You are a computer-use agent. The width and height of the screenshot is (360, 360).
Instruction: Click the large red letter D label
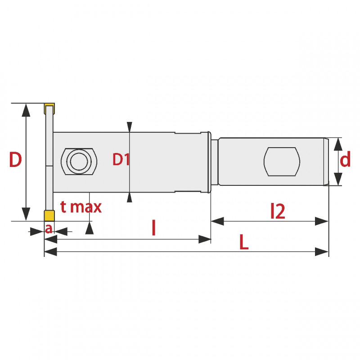click(16, 159)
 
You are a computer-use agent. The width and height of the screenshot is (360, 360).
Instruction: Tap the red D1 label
click(121, 159)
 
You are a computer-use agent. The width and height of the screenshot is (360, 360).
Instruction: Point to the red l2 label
click(278, 211)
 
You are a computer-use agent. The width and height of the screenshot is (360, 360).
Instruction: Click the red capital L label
click(244, 242)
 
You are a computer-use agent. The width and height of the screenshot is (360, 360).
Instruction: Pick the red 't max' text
click(81, 207)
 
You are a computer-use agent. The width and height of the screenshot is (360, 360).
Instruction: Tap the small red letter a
click(49, 229)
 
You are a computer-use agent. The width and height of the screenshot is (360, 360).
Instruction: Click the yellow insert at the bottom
click(49, 216)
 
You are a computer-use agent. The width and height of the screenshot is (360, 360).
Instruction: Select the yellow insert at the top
click(49, 108)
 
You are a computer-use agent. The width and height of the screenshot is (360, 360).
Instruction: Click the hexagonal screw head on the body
click(79, 162)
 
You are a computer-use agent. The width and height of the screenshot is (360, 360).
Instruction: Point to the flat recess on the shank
click(282, 162)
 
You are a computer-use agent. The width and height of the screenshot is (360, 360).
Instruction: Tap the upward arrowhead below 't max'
click(89, 228)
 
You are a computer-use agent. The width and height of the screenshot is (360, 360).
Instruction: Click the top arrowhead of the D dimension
click(26, 110)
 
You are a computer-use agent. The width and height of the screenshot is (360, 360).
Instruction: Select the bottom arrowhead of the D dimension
click(26, 214)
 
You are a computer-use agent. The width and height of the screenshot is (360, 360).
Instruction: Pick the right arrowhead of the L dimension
click(322, 252)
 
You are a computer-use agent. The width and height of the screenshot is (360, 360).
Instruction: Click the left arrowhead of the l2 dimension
click(217, 221)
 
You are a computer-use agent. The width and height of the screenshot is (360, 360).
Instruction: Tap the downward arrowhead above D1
click(130, 127)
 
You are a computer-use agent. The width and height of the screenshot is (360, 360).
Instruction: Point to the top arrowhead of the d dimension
click(338, 144)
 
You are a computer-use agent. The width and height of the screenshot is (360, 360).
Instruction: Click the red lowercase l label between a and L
click(154, 228)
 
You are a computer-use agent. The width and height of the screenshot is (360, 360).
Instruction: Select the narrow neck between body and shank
click(215, 162)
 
